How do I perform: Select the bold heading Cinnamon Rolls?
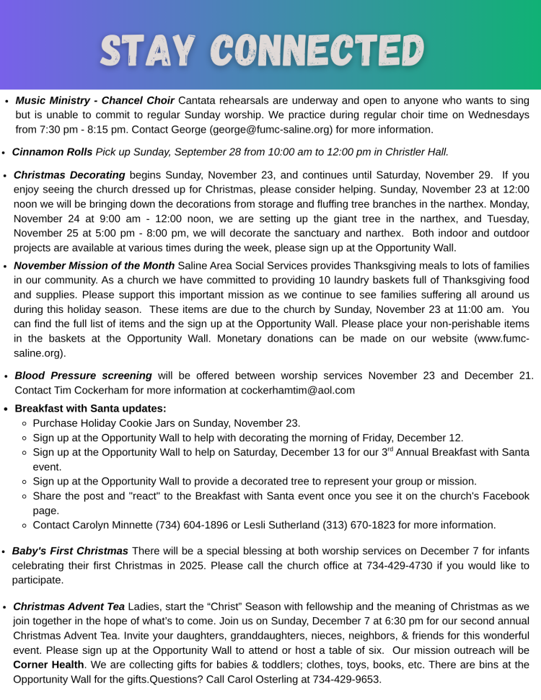(52, 152)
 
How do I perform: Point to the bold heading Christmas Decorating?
(69, 175)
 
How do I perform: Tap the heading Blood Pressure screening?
(83, 376)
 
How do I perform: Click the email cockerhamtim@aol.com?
(303, 390)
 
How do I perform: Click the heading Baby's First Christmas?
(70, 551)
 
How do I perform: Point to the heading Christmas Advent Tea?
(69, 606)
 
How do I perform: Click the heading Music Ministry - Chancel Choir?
(94, 101)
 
